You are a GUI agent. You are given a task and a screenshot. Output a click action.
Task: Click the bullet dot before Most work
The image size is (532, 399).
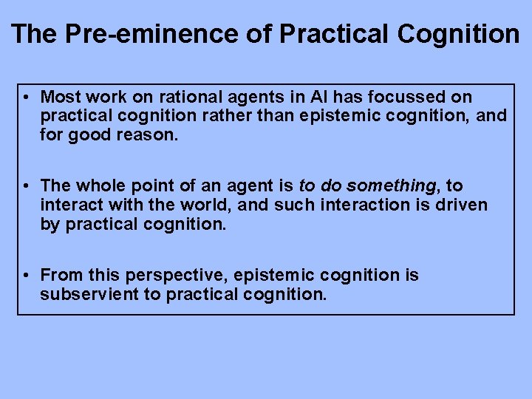tap(26, 98)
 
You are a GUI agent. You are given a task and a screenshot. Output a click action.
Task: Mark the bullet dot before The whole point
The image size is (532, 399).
tap(26, 186)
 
